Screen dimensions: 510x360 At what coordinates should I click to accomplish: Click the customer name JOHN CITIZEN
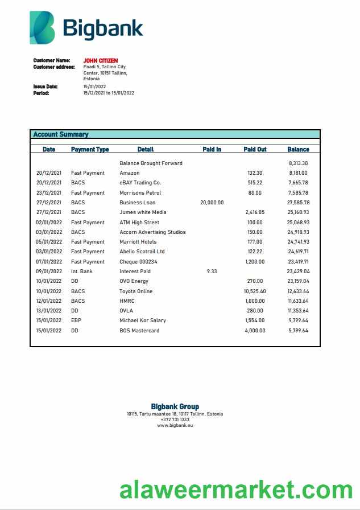point(101,60)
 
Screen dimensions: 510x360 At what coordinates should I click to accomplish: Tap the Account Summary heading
point(61,134)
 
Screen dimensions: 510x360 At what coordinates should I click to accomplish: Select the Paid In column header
point(212,149)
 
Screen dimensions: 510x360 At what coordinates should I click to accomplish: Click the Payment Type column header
point(90,149)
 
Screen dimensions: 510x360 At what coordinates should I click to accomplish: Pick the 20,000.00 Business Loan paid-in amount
point(212,202)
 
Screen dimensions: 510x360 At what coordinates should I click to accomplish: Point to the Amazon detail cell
point(130,172)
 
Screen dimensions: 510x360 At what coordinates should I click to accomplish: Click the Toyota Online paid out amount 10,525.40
point(254,291)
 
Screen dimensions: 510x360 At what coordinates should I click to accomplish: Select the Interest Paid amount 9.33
point(212,272)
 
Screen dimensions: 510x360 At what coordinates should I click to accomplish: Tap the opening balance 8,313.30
point(298,163)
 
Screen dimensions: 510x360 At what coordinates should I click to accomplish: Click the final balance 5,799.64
point(298,330)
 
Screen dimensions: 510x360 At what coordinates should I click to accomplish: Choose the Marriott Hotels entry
point(138,242)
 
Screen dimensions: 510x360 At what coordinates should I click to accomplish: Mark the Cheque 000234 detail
point(138,261)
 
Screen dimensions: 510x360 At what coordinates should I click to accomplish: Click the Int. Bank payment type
point(82,272)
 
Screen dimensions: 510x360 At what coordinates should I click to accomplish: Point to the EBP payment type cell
point(76,320)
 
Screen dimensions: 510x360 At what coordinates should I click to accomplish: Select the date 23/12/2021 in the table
point(49,192)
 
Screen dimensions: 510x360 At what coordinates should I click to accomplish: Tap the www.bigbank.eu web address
point(175,425)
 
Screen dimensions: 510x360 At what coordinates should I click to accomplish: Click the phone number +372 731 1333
point(175,419)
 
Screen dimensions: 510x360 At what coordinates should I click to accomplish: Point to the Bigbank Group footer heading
point(175,406)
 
